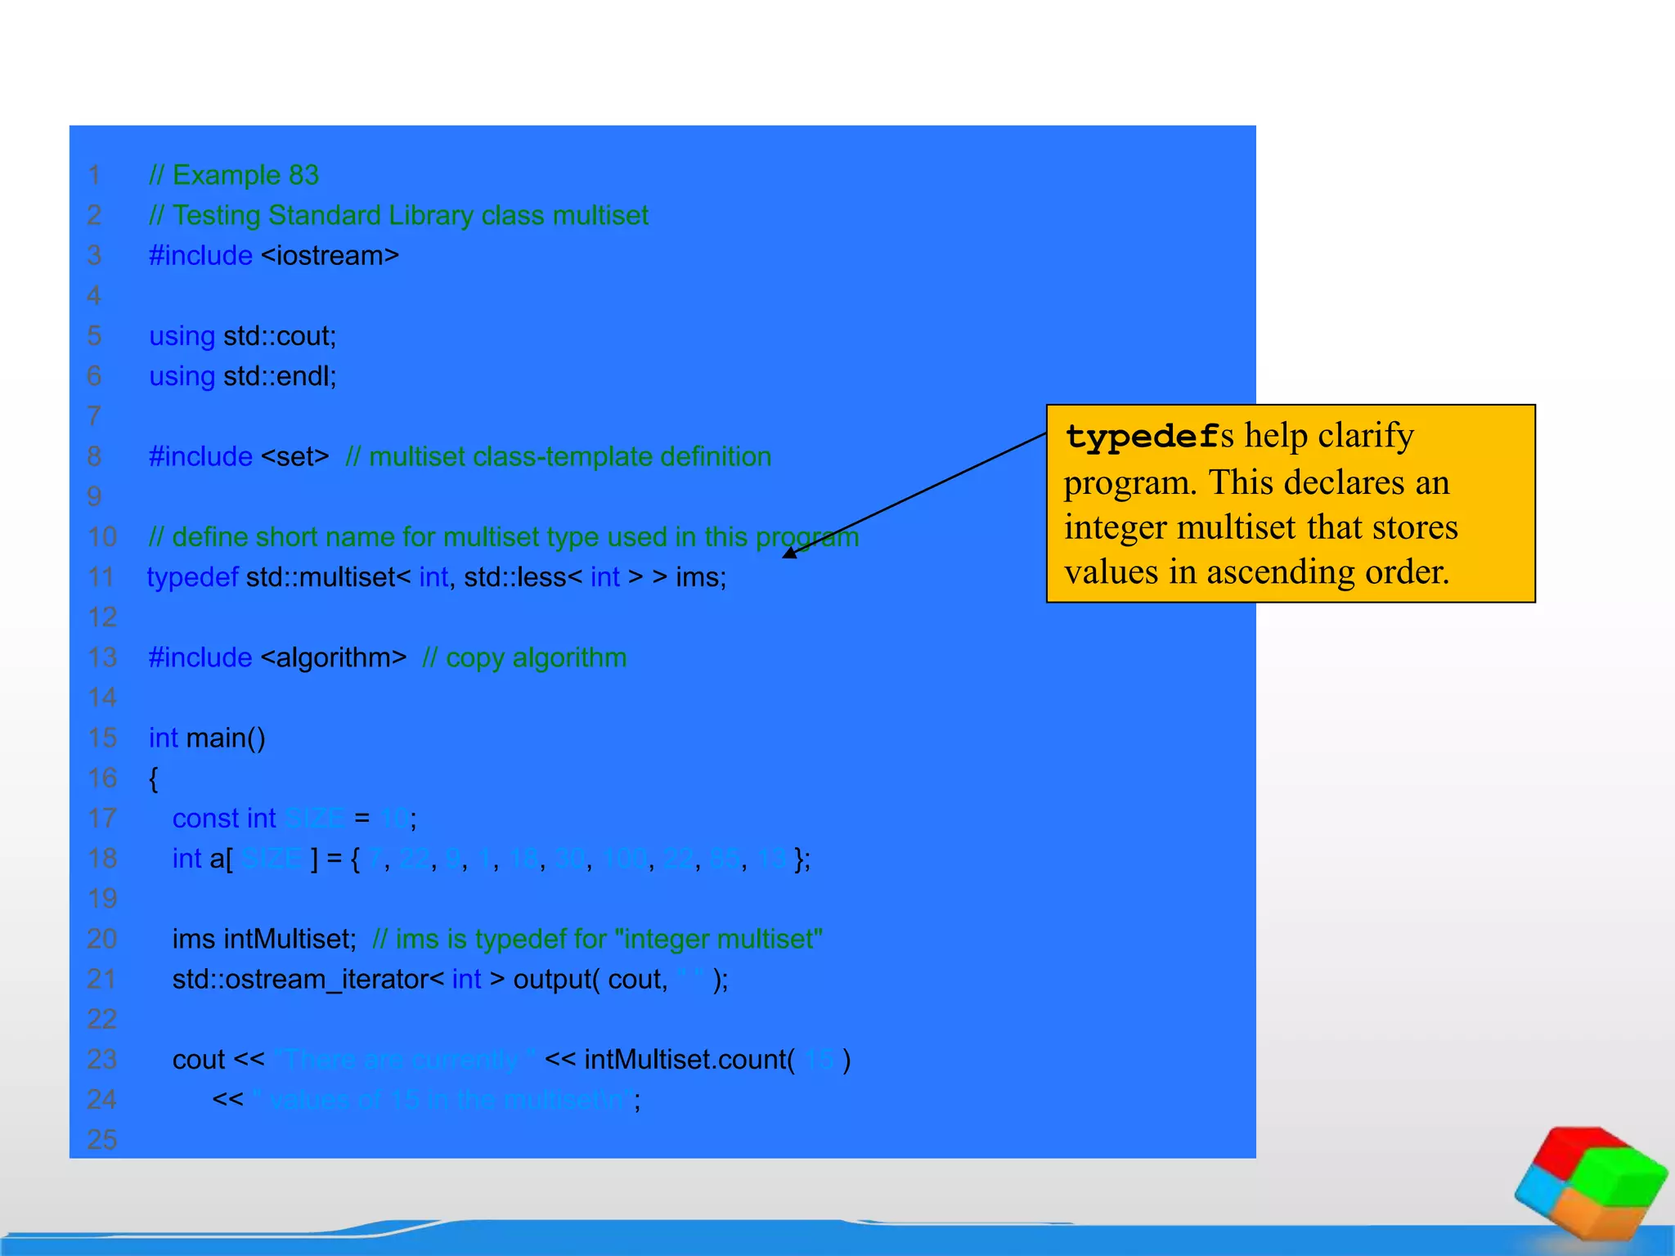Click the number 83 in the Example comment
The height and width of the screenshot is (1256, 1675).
(x=303, y=175)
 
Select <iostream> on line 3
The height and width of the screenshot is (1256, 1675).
(x=330, y=256)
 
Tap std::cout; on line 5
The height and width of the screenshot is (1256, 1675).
(x=280, y=336)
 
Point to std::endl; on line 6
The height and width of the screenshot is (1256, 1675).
(x=280, y=376)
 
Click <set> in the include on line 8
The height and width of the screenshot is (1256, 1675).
(x=294, y=456)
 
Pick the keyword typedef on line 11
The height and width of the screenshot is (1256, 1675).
(x=192, y=577)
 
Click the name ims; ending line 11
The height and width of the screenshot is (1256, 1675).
(x=701, y=577)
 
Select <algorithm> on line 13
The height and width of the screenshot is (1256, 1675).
(x=333, y=657)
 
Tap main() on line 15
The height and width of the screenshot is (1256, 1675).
(x=226, y=738)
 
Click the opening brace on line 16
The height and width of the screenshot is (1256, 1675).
(x=153, y=778)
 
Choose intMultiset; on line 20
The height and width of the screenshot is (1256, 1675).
(x=290, y=940)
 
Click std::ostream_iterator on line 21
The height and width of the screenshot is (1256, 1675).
(x=300, y=980)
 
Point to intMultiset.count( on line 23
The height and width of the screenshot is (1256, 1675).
(x=689, y=1060)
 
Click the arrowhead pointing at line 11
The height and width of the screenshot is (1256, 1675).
(x=789, y=554)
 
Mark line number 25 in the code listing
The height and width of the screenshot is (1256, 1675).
(x=102, y=1140)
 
